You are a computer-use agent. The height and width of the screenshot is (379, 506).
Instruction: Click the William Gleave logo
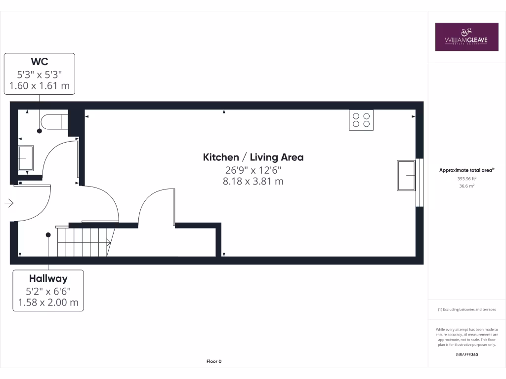pyautogui.click(x=466, y=37)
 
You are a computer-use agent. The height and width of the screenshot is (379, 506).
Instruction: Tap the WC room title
pyautogui.click(x=40, y=62)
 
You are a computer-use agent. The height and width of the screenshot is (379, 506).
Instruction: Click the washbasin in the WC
pyautogui.click(x=26, y=158)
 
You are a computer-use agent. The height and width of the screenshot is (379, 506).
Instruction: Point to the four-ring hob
pyautogui.click(x=361, y=120)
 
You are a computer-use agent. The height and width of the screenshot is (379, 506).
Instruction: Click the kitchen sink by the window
pyautogui.click(x=407, y=175)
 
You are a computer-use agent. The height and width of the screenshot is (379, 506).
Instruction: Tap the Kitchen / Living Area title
pyautogui.click(x=253, y=157)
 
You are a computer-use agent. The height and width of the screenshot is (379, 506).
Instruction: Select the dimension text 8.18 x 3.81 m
pyautogui.click(x=253, y=182)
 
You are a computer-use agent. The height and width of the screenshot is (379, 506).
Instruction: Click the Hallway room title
pyautogui.click(x=48, y=279)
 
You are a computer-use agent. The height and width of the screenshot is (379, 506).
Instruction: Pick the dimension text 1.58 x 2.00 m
pyautogui.click(x=48, y=303)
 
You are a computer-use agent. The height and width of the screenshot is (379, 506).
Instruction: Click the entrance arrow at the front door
pyautogui.click(x=9, y=203)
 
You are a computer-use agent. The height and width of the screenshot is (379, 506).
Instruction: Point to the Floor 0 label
pyautogui.click(x=214, y=362)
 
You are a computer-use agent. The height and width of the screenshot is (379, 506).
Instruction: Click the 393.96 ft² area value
pyautogui.click(x=466, y=179)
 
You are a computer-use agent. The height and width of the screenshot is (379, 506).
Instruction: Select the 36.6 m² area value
pyautogui.click(x=466, y=186)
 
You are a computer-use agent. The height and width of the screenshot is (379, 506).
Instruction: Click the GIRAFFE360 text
pyautogui.click(x=466, y=354)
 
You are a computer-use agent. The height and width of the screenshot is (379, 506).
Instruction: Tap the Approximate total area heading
pyautogui.click(x=466, y=170)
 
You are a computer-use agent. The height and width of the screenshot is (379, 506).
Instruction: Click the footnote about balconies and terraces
pyautogui.click(x=466, y=309)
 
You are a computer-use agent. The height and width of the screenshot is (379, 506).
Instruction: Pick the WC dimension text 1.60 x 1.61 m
pyautogui.click(x=40, y=86)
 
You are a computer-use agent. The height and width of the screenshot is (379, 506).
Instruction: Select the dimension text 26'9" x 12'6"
pyautogui.click(x=253, y=170)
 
